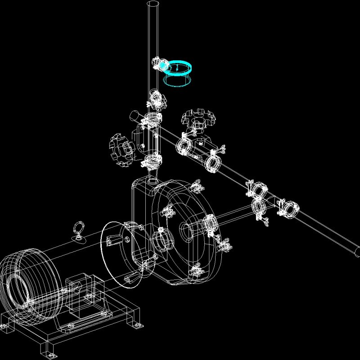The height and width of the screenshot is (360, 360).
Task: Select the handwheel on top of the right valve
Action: [196, 117]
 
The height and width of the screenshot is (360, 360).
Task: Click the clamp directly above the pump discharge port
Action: [153, 161]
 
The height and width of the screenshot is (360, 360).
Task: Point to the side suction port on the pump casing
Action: [161, 241]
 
